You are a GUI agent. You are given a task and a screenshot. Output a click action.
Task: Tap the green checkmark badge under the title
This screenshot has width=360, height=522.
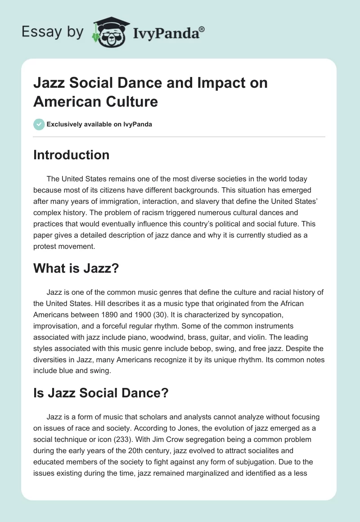(x=39, y=124)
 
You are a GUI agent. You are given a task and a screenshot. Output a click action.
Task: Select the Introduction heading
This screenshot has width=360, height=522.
(x=72, y=155)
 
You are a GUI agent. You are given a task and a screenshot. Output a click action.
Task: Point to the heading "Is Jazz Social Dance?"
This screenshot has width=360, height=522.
(x=101, y=392)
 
